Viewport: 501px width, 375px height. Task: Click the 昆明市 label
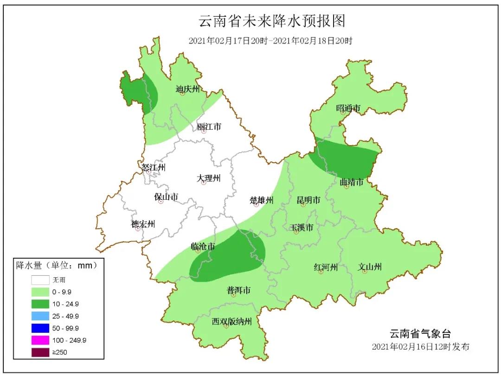coord(308,200)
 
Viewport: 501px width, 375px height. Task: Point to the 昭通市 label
coord(348,108)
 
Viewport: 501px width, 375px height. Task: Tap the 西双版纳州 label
coord(231,321)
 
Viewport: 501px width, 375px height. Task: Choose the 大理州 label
coord(208,178)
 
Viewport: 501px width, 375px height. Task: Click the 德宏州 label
coord(143,224)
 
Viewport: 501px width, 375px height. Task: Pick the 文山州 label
coord(370,267)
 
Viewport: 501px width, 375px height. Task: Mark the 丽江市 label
coord(209,126)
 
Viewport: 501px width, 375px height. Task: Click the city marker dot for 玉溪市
coord(296,232)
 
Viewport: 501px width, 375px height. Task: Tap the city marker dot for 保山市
coord(161,202)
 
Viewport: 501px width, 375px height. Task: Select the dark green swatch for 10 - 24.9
coord(40,304)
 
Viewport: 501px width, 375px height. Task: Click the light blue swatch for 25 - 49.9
coord(40,316)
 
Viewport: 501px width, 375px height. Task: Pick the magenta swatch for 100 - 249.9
coord(40,340)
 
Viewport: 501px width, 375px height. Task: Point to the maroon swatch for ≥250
coord(40,352)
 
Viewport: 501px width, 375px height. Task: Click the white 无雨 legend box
coord(40,280)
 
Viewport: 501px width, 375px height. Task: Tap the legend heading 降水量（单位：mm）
coord(57,266)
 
